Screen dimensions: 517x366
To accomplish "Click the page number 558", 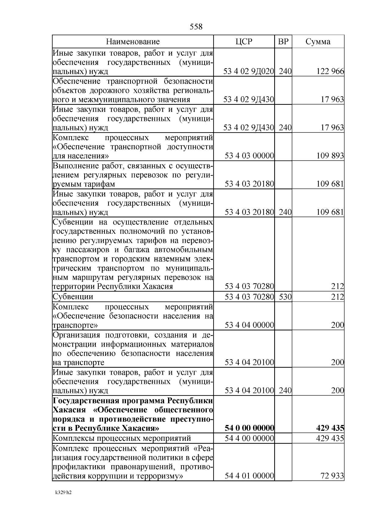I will (196, 27).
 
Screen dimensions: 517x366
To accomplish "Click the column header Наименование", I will (133, 42).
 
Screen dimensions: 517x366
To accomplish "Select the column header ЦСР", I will (244, 42).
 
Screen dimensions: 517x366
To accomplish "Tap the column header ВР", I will (283, 42).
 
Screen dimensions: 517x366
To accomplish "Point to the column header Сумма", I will (318, 42).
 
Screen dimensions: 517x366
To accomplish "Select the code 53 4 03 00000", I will (249, 156).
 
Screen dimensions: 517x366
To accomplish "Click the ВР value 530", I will (285, 296).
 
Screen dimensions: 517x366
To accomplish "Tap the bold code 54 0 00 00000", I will (249, 428).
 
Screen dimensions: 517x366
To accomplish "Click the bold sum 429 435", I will (330, 428).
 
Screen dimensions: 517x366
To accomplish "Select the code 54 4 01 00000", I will (249, 476).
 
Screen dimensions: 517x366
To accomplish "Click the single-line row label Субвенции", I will (73, 296).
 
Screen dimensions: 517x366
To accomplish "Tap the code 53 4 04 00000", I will (249, 325).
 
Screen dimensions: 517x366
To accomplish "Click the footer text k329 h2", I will (63, 493).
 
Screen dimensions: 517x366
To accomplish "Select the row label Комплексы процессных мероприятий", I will (122, 438).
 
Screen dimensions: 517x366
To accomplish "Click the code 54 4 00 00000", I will (249, 438).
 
